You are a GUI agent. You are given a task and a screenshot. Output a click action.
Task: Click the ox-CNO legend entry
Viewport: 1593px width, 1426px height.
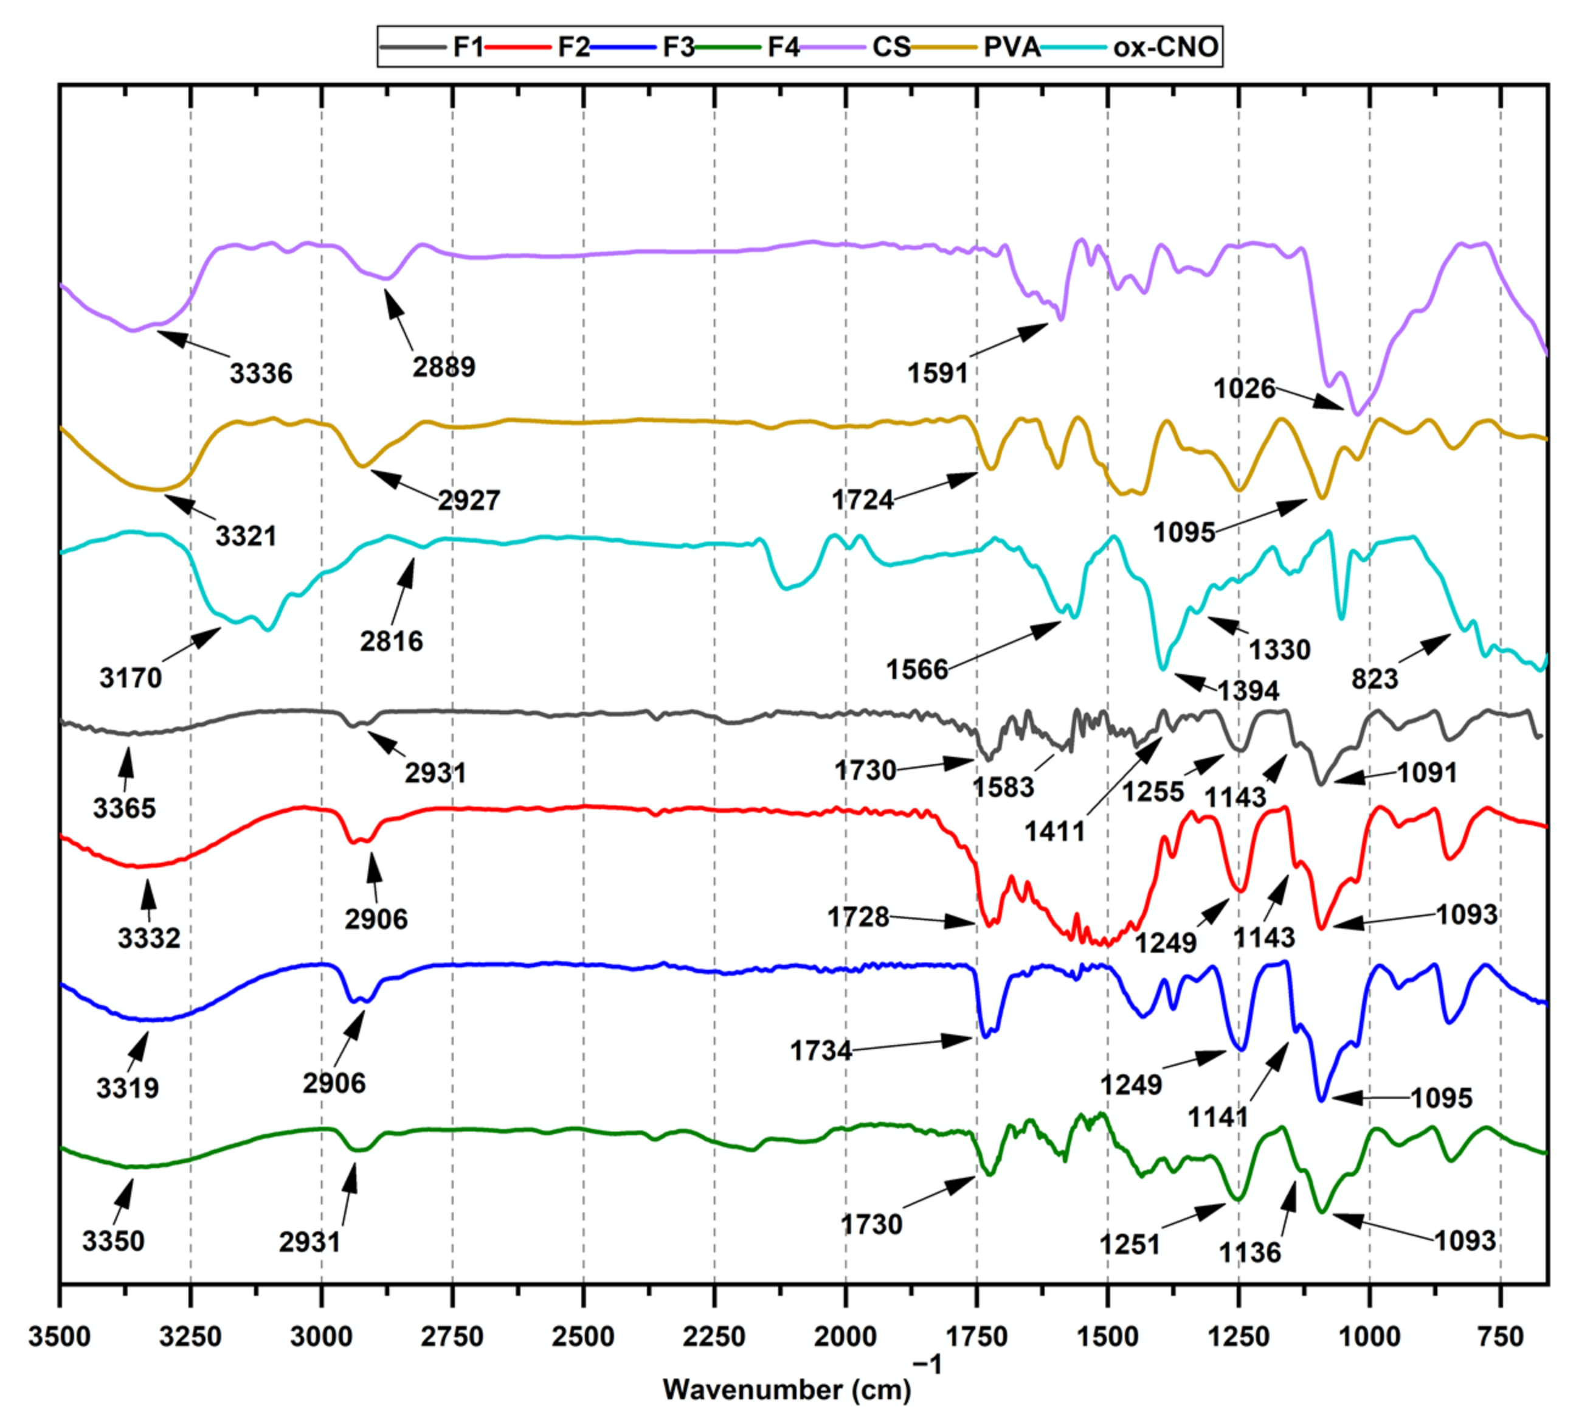(1164, 47)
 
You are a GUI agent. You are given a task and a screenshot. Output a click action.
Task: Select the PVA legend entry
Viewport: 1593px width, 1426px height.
(1011, 47)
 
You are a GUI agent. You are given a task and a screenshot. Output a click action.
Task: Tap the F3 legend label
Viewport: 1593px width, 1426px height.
(678, 47)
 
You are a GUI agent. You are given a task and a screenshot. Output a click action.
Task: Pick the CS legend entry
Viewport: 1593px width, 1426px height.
(891, 47)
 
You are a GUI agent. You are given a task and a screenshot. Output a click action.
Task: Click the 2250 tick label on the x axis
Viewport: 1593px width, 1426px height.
(713, 1336)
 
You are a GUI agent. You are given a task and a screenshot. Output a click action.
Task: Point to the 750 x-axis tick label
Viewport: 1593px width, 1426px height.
(1500, 1336)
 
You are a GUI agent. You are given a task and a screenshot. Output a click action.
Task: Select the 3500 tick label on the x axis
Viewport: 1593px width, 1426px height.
(60, 1336)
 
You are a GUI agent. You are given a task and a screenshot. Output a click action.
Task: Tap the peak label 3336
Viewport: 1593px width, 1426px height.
(261, 374)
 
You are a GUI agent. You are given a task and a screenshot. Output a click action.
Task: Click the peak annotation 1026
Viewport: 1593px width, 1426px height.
(1245, 389)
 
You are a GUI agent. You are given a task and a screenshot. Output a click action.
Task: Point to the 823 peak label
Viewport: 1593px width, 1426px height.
(1375, 678)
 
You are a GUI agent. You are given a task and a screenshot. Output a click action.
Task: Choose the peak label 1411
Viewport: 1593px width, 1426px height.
(1054, 831)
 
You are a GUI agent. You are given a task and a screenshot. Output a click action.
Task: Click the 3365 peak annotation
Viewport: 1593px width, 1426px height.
(125, 808)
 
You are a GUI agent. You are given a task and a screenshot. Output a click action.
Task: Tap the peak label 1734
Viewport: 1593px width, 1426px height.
(821, 1051)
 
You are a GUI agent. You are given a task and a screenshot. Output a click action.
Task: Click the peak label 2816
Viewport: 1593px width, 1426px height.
(392, 642)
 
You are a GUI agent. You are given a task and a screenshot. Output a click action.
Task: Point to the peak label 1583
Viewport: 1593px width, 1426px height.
(1003, 787)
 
